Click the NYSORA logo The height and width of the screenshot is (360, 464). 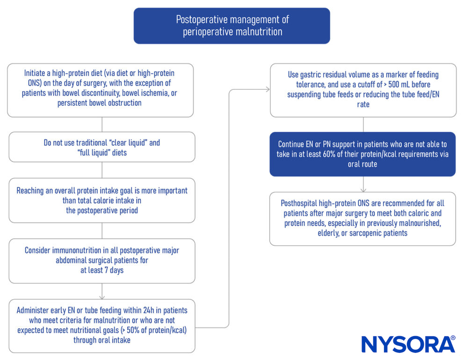(x=407, y=344)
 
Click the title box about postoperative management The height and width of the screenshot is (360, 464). (x=232, y=26)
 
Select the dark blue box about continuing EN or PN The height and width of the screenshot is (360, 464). (x=362, y=154)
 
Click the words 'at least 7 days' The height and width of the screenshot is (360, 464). (x=101, y=270)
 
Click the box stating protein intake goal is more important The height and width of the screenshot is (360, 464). (x=102, y=200)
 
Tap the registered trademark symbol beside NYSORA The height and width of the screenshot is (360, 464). (x=452, y=338)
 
